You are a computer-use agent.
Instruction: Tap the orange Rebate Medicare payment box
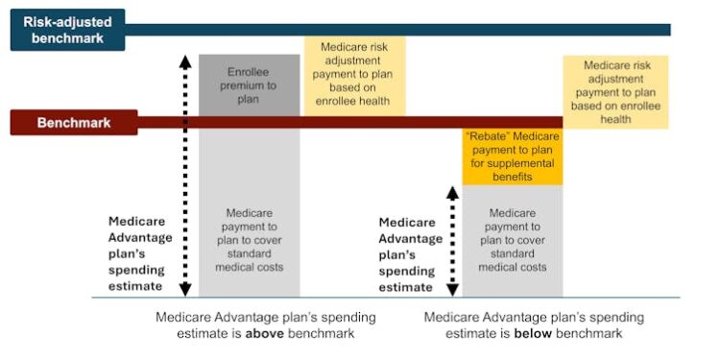[511, 156]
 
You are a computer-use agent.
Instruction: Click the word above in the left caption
[263, 334]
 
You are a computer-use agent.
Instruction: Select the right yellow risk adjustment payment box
[615, 92]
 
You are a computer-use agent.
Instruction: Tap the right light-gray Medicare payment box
[511, 240]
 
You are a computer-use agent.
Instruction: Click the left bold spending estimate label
[141, 252]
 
